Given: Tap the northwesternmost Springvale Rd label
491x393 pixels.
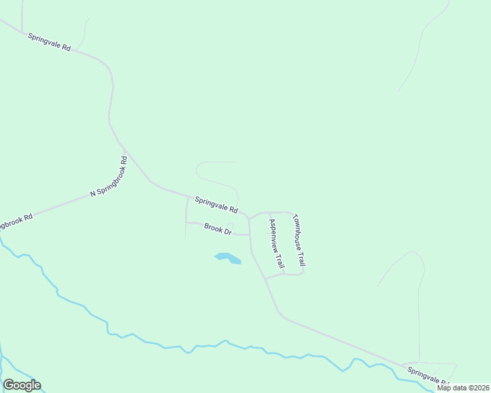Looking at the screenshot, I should (x=49, y=43).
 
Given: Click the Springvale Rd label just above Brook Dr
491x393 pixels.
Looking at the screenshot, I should (x=216, y=205).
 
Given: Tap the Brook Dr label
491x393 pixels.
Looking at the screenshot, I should (x=218, y=229).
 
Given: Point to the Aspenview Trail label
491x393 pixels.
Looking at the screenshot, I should (x=276, y=243).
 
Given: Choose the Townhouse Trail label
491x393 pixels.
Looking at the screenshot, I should (x=299, y=240).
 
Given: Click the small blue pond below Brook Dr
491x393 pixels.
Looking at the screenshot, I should (x=227, y=258).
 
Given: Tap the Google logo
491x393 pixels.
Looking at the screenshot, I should (x=22, y=385).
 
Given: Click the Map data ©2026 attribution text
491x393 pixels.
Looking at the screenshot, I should (x=463, y=388).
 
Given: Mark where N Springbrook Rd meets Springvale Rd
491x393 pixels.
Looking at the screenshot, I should (x=125, y=152).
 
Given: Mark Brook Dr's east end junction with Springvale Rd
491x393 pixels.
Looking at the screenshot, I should (x=249, y=234).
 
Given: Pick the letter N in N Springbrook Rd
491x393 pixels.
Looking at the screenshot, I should (x=93, y=194).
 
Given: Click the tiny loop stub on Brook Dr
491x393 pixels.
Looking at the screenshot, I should (x=230, y=226).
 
